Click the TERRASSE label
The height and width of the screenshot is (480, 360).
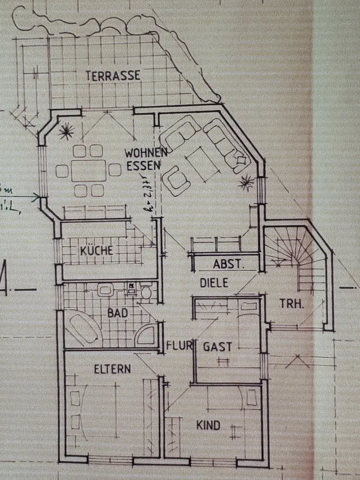[x=113, y=75]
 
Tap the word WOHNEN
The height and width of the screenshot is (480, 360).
[x=146, y=154]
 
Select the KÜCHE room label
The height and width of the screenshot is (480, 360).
[x=97, y=251]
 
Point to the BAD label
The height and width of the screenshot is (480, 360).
[x=118, y=313]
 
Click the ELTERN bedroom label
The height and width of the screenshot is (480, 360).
[x=112, y=369]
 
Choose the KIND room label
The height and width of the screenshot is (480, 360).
[x=208, y=425]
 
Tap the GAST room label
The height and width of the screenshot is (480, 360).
[x=217, y=347]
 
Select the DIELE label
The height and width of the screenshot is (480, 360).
[x=214, y=283]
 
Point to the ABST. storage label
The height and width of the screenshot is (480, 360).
[x=229, y=264]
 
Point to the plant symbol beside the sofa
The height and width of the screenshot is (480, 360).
[x=247, y=183]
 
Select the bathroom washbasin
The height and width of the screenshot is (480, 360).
[x=106, y=290]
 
